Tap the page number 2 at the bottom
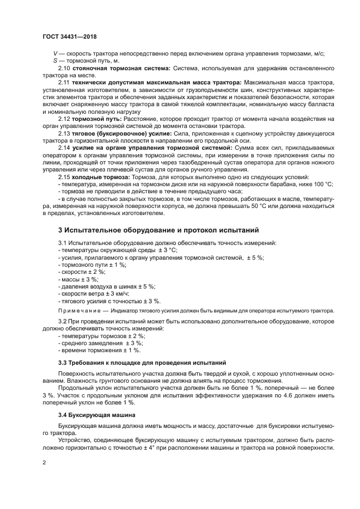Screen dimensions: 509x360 [44, 462]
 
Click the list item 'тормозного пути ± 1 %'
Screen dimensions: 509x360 [93, 264]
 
